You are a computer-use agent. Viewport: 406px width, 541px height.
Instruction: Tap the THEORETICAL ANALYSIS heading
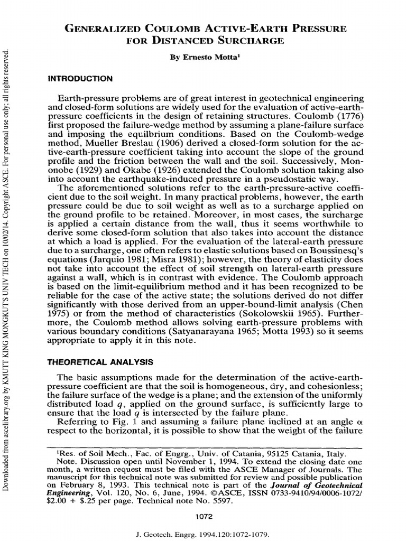pos(100,362)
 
